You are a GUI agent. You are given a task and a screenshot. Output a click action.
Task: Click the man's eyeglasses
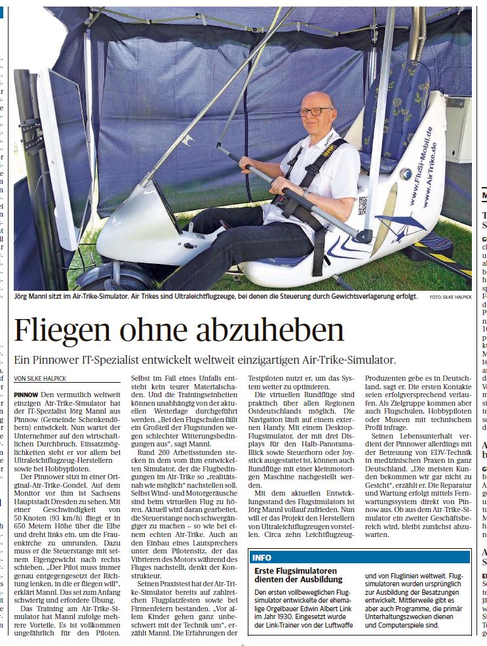pos(317,112)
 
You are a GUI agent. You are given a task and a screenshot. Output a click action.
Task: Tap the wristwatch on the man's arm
pos(305,192)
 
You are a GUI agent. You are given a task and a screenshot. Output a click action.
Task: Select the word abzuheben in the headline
pos(270,330)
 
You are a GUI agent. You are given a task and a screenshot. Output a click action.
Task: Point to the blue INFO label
pos(262,557)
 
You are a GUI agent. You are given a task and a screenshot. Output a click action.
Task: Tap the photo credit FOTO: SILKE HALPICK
pos(451,297)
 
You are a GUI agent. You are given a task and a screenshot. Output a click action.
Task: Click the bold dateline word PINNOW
pos(26,393)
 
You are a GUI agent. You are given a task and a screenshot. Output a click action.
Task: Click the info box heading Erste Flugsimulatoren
pos(296,571)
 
